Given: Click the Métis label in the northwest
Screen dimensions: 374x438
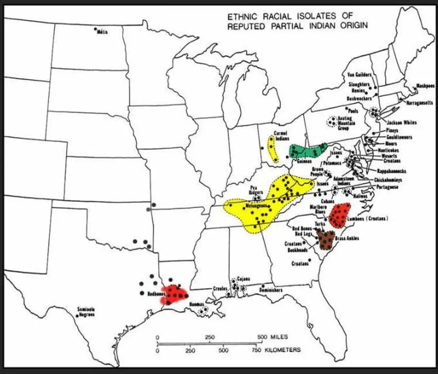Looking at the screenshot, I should tap(102, 33).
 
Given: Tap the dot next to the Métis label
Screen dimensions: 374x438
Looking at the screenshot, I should tap(95, 29).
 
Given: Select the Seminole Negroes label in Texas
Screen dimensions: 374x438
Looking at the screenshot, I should tap(86, 312).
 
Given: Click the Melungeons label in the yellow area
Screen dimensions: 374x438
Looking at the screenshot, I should tap(256, 206).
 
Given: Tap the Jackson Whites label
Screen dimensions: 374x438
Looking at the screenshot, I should tap(402, 122).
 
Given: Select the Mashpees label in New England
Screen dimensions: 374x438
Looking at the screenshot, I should tap(425, 86).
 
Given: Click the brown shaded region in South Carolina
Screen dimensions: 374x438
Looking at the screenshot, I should tap(326, 240).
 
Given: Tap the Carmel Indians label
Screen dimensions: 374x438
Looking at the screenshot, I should tap(281, 136).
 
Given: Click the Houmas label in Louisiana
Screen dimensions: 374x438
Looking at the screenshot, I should tap(197, 304).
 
